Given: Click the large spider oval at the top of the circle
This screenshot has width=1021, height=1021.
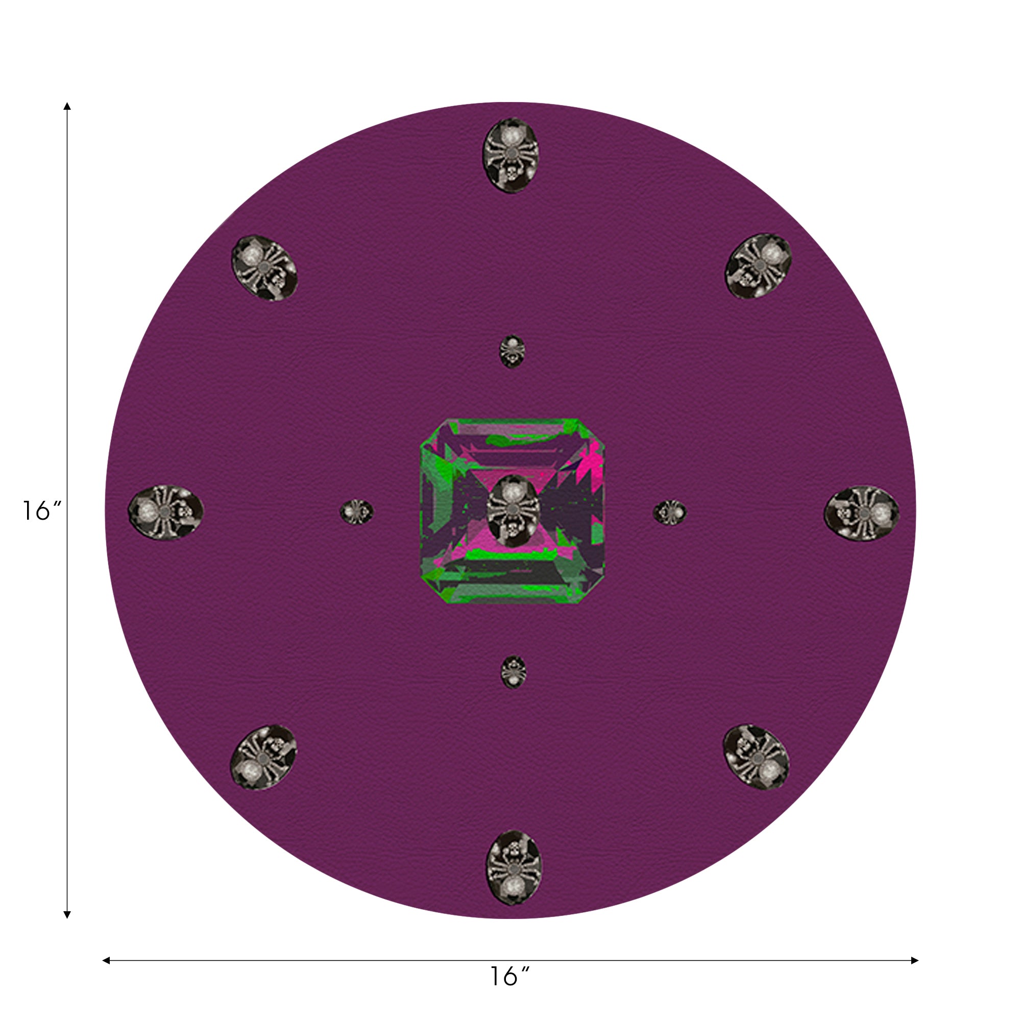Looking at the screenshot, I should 510,155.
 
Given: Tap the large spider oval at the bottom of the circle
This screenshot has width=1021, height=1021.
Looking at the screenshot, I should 513,867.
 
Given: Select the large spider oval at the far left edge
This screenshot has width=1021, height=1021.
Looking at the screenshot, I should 166,510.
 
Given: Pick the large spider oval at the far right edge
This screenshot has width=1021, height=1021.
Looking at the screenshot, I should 861,511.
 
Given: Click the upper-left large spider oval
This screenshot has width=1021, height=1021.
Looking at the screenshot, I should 264,268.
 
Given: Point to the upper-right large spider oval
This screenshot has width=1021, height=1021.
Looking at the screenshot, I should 758,266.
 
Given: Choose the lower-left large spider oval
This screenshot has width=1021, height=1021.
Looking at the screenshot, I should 264,757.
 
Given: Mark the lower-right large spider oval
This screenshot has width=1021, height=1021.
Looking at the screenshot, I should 756,757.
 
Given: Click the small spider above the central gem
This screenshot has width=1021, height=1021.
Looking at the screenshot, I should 512,351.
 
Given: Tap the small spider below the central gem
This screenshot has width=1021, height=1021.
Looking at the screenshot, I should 513,672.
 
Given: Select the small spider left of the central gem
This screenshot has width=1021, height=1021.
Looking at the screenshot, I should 356,512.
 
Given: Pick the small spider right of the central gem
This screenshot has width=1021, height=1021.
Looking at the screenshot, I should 670,512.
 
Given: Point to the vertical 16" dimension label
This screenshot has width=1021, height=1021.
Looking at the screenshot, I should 41,510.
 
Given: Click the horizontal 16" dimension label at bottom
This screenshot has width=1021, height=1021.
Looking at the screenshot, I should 509,977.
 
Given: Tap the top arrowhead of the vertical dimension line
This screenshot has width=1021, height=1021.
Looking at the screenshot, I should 67,106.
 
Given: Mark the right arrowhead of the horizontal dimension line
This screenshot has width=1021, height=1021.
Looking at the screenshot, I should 915,960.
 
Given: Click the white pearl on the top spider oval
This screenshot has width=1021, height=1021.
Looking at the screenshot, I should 510,136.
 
